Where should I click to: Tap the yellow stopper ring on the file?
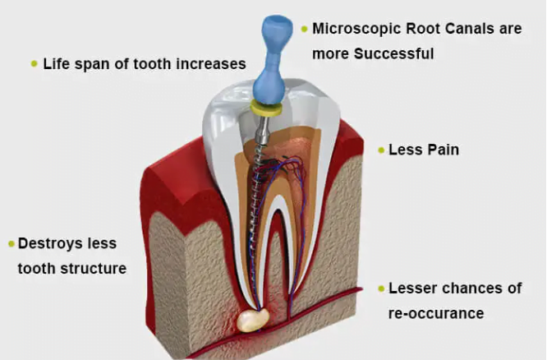tap(267, 107)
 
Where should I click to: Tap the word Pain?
tap(443, 150)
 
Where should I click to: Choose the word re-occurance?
tap(435, 313)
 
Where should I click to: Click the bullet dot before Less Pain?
tap(380, 150)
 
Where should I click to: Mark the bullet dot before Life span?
tap(34, 63)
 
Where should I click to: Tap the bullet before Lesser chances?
tap(380, 288)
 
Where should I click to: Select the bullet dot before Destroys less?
tap(11, 243)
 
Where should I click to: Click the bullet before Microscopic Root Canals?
tap(304, 29)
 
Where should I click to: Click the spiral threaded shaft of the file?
tap(259, 189)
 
